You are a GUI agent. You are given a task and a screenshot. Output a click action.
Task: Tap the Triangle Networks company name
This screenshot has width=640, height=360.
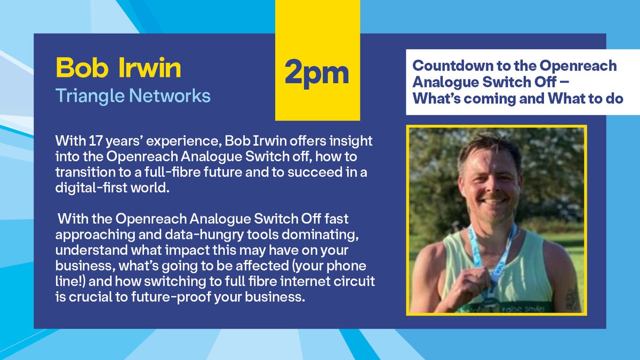(x=133, y=95)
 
